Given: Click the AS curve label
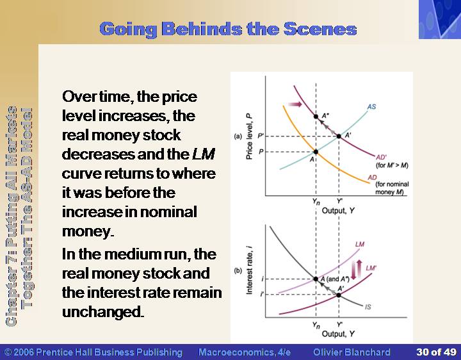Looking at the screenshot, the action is pyautogui.click(x=371, y=106).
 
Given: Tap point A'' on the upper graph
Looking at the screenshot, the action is pyautogui.click(x=316, y=117).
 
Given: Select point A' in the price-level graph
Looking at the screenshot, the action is pyautogui.click(x=339, y=136).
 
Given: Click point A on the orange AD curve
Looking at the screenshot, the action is pyautogui.click(x=316, y=152).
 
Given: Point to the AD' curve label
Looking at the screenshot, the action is pyautogui.click(x=382, y=158).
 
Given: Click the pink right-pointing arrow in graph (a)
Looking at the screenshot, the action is pyautogui.click(x=295, y=104).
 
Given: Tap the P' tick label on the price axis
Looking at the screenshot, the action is pyautogui.click(x=261, y=136).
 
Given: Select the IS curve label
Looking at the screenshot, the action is pyautogui.click(x=368, y=307).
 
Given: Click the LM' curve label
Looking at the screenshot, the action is pyautogui.click(x=371, y=268).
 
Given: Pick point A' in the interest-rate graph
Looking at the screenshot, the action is pyautogui.click(x=339, y=295).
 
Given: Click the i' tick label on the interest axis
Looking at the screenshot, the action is pyautogui.click(x=262, y=294).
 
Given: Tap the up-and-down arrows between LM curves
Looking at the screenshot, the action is pyautogui.click(x=357, y=270).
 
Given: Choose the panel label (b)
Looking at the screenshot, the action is pyautogui.click(x=238, y=270).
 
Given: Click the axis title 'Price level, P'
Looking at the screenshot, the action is pyautogui.click(x=249, y=136).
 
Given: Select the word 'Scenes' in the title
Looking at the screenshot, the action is pyautogui.click(x=320, y=29).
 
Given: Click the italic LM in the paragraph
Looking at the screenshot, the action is pyautogui.click(x=204, y=154).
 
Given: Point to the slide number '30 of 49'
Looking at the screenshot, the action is pyautogui.click(x=436, y=352).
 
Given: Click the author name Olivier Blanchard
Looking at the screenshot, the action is pyautogui.click(x=352, y=352).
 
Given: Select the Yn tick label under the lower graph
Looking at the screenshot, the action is pyautogui.click(x=316, y=325).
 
